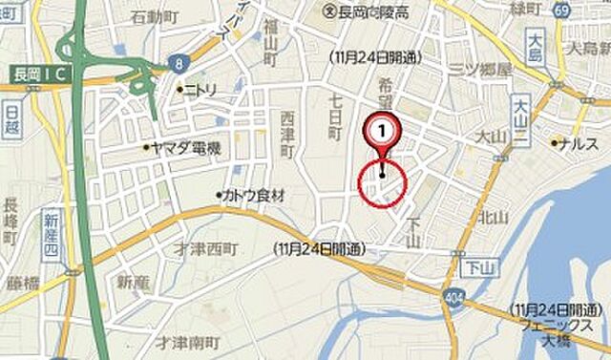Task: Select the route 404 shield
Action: tap(449, 300)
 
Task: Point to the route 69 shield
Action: tap(561, 9)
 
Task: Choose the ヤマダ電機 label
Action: tap(187, 148)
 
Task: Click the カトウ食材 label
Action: tap(253, 195)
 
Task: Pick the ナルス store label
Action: tap(579, 142)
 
